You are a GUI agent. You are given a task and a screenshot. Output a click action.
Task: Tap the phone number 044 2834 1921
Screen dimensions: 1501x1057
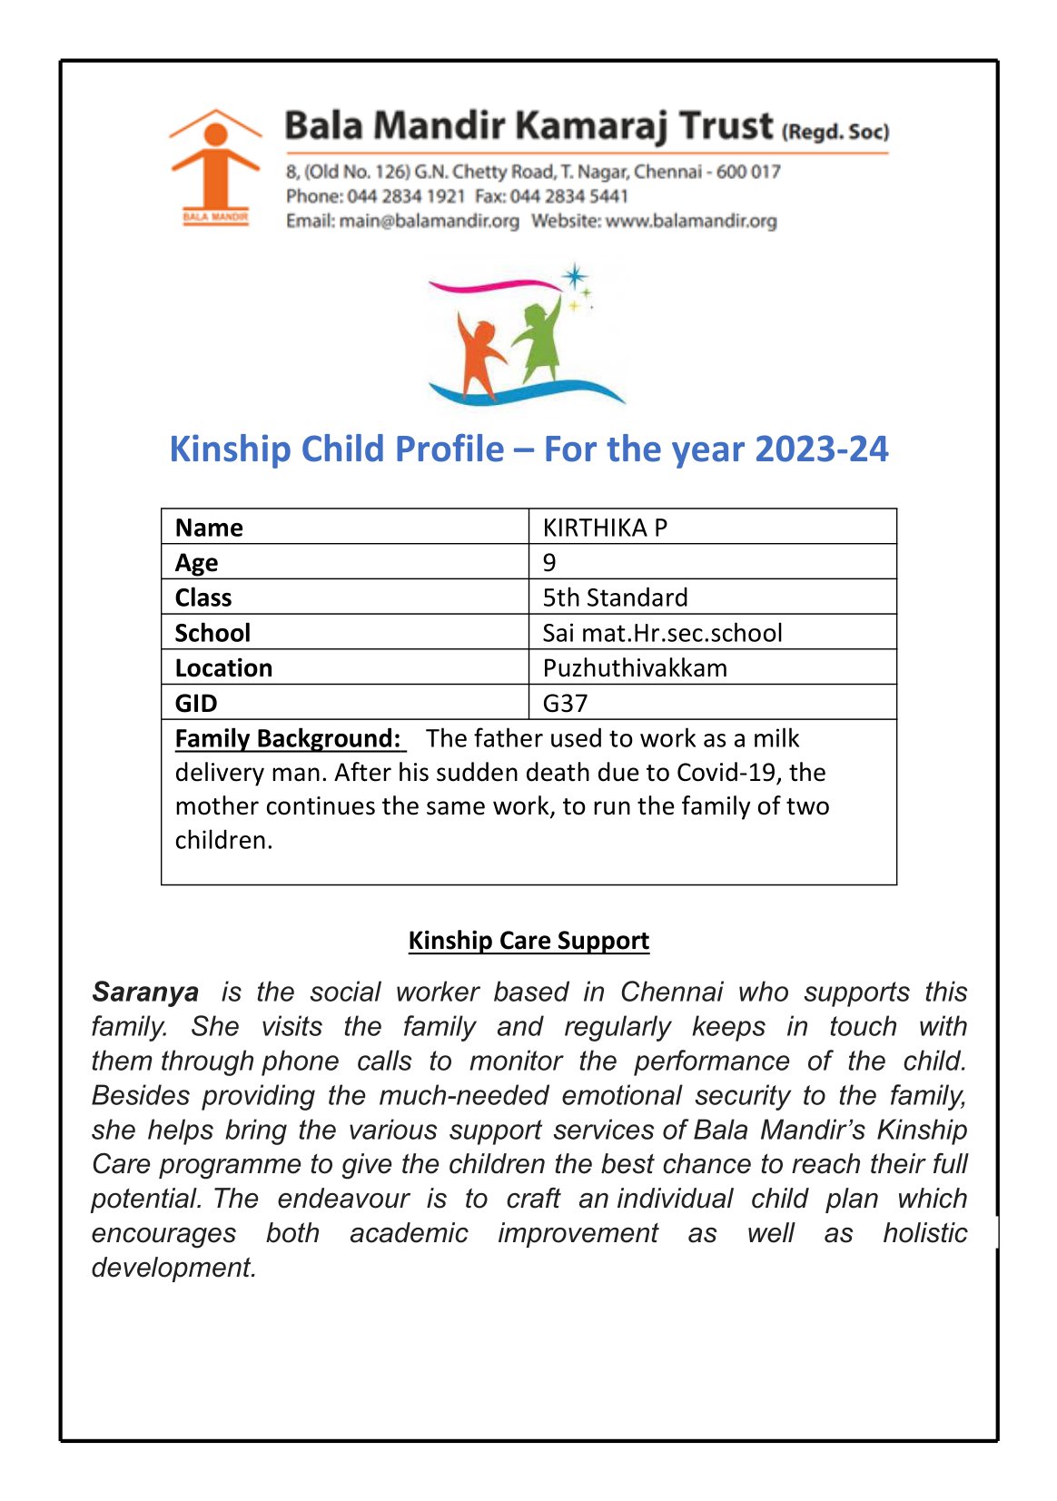pos(406,196)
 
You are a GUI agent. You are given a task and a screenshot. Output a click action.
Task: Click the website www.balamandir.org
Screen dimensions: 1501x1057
pos(691,221)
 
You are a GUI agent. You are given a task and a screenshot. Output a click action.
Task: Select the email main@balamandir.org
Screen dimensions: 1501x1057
pos(429,221)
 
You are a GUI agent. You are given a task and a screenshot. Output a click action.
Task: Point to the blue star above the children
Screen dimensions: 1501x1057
pos(574,275)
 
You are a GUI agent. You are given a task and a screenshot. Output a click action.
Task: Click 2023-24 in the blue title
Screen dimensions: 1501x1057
pos(821,449)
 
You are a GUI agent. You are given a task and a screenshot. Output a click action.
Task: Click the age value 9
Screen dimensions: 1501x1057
pos(549,562)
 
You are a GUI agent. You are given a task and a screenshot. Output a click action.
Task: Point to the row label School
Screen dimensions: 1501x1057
pos(212,633)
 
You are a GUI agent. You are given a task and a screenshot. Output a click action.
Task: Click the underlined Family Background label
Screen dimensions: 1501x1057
pos(288,738)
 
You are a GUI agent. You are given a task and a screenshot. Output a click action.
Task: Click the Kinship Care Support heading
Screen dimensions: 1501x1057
pos(528,940)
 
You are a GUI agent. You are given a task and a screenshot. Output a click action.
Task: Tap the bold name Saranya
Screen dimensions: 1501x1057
pos(145,992)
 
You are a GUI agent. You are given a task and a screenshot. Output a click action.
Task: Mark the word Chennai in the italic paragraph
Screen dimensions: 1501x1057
pos(672,992)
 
